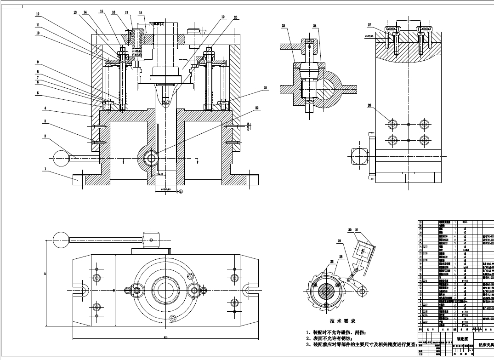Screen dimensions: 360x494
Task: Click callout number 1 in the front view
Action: [x=45, y=169]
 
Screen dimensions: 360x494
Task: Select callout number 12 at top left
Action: [x=38, y=14]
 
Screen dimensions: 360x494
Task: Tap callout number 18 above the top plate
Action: [x=140, y=13]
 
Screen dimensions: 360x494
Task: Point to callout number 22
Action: [x=257, y=107]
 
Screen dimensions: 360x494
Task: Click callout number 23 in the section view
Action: [x=284, y=26]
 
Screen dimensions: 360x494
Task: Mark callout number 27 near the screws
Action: [x=369, y=25]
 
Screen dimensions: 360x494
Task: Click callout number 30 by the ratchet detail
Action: [x=350, y=229]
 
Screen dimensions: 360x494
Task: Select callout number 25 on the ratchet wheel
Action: [x=318, y=262]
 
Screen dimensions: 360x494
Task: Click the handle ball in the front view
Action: [x=62, y=159]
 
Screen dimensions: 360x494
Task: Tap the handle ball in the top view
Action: [x=62, y=238]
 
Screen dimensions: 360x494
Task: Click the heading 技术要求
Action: [x=342, y=321]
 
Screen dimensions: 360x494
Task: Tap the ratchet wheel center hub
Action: [x=327, y=291]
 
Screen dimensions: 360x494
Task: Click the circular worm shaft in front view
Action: [x=150, y=158]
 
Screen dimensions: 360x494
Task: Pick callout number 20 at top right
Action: [x=235, y=17]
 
